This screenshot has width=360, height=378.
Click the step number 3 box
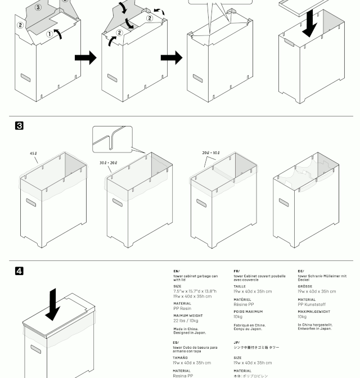pyautogui.click(x=19, y=126)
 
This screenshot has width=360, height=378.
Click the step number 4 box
pyautogui.click(x=19, y=271)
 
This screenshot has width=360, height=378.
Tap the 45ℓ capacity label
pyautogui.click(x=34, y=153)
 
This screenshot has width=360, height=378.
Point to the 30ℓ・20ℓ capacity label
pyautogui.click(x=109, y=163)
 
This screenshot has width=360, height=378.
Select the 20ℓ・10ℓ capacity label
pyautogui.click(x=211, y=153)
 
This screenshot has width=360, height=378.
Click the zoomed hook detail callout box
pyautogui.click(x=112, y=139)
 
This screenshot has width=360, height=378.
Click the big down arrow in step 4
pyautogui.click(x=53, y=304)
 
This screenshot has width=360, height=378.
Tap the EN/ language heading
pyautogui.click(x=176, y=271)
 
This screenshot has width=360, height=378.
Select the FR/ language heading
pyautogui.click(x=236, y=271)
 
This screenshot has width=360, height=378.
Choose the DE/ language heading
pyautogui.click(x=301, y=271)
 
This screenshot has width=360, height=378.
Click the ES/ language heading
pyautogui.click(x=176, y=343)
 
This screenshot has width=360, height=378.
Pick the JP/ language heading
pyautogui.click(x=237, y=343)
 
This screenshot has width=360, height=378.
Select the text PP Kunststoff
pyautogui.click(x=312, y=305)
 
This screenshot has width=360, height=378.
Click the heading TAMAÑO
pyautogui.click(x=181, y=358)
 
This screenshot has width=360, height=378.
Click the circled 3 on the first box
pyautogui.click(x=38, y=7)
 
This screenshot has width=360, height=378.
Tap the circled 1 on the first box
pyautogui.click(x=49, y=34)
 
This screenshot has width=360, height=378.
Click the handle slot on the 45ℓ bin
pyautogui.click(x=31, y=202)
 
